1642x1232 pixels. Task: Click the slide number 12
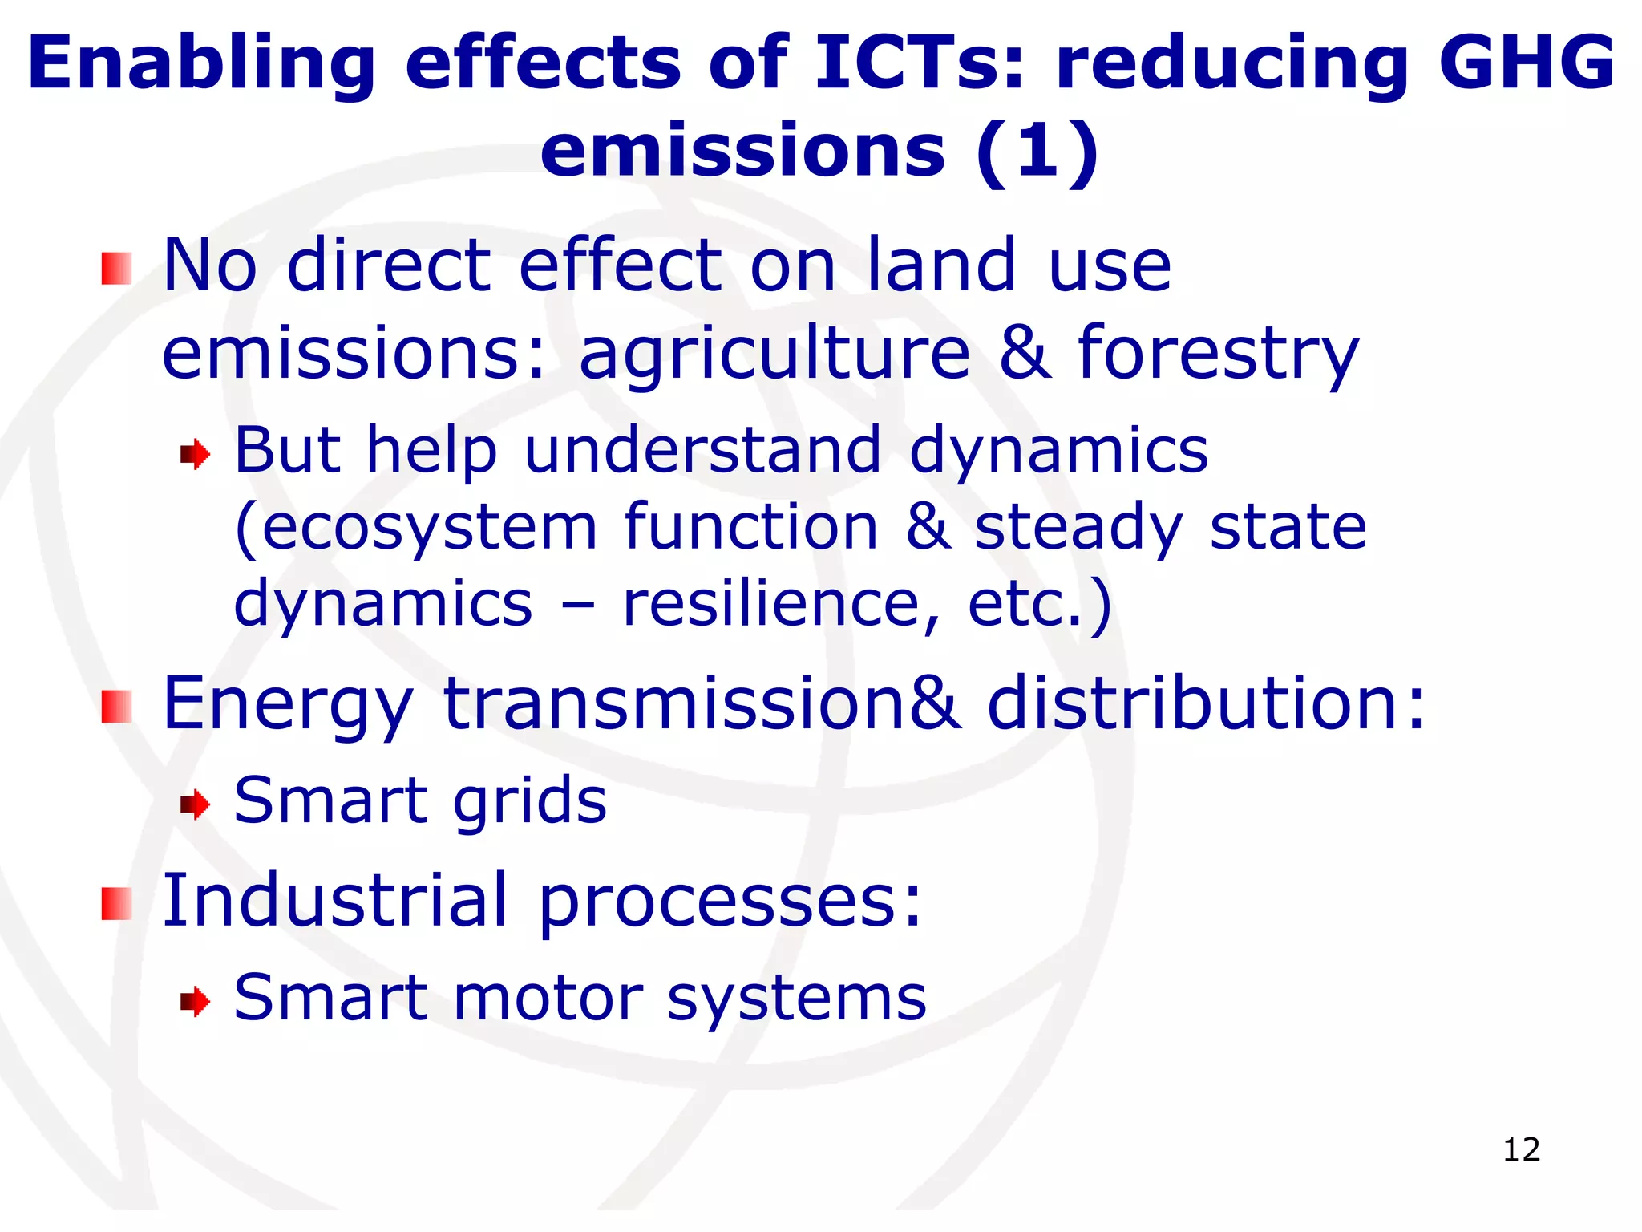click(1521, 1149)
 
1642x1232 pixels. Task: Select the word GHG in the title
click(1527, 63)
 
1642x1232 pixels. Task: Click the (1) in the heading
click(1037, 151)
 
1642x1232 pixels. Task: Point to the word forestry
click(1219, 355)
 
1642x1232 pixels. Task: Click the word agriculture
click(774, 355)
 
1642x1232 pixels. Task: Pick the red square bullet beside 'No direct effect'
click(117, 268)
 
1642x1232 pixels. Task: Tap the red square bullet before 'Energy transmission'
click(117, 706)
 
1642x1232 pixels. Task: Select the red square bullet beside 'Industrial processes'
click(117, 903)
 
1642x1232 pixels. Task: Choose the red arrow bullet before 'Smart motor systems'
click(195, 1001)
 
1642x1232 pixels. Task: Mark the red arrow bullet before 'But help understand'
click(195, 456)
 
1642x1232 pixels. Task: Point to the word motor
click(548, 999)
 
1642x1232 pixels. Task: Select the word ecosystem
click(429, 529)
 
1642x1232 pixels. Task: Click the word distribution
click(1206, 703)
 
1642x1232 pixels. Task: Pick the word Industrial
click(335, 900)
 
